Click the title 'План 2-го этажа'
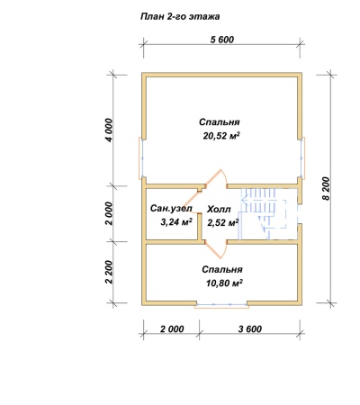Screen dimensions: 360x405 tap(180, 16)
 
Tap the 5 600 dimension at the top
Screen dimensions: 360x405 tap(222, 40)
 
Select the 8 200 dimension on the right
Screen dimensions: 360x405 tap(326, 188)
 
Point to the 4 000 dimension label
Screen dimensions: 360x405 tap(110, 130)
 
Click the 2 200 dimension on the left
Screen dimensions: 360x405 tap(109, 272)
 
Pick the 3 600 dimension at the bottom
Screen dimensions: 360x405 tap(250, 329)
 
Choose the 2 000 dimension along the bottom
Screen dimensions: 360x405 tap(172, 329)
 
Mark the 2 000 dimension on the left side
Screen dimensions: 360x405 tap(109, 213)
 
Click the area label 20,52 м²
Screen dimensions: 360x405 tap(221, 136)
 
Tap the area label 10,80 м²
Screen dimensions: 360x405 tap(224, 283)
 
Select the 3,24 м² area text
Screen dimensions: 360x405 tap(176, 222)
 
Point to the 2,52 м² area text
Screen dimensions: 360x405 tap(223, 223)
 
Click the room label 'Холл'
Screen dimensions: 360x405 tap(219, 209)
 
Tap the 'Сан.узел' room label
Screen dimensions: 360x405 tap(171, 208)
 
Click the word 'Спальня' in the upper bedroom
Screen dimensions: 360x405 tap(220, 122)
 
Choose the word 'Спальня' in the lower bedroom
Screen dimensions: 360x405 tap(222, 269)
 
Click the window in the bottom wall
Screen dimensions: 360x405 tap(221, 304)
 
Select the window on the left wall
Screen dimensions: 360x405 tap(141, 157)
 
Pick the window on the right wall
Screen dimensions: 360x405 tap(302, 157)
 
